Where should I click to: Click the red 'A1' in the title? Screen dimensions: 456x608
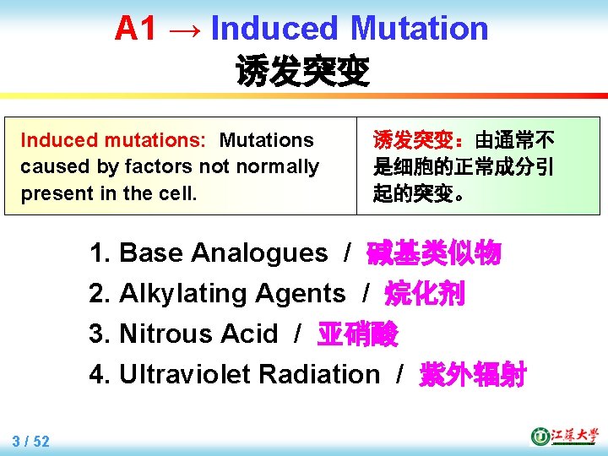(136, 29)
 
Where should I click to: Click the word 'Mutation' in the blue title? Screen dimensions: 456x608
(419, 29)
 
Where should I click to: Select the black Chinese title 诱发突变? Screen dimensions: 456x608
(302, 72)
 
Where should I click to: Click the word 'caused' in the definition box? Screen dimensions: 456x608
(48, 166)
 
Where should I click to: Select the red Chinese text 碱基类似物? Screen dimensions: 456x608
(434, 252)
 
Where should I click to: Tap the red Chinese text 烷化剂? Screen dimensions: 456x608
(425, 293)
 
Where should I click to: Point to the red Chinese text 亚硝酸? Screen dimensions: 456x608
(357, 334)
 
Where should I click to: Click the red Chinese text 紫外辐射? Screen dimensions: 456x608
(473, 374)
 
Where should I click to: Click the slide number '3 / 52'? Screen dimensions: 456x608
(31, 441)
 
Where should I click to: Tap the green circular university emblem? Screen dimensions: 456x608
(540, 437)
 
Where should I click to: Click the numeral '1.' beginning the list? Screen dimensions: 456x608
(100, 252)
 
